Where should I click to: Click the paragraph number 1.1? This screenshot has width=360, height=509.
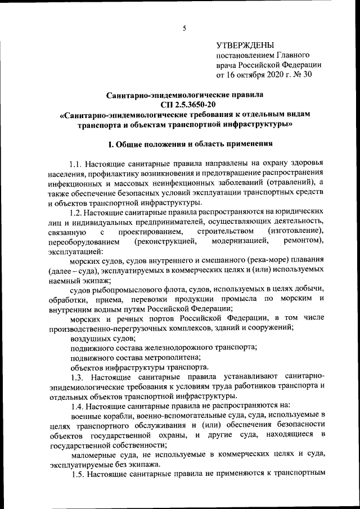(x=78, y=164)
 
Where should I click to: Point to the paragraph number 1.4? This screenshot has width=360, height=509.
(x=78, y=406)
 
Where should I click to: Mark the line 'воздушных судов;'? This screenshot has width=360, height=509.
(x=102, y=338)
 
